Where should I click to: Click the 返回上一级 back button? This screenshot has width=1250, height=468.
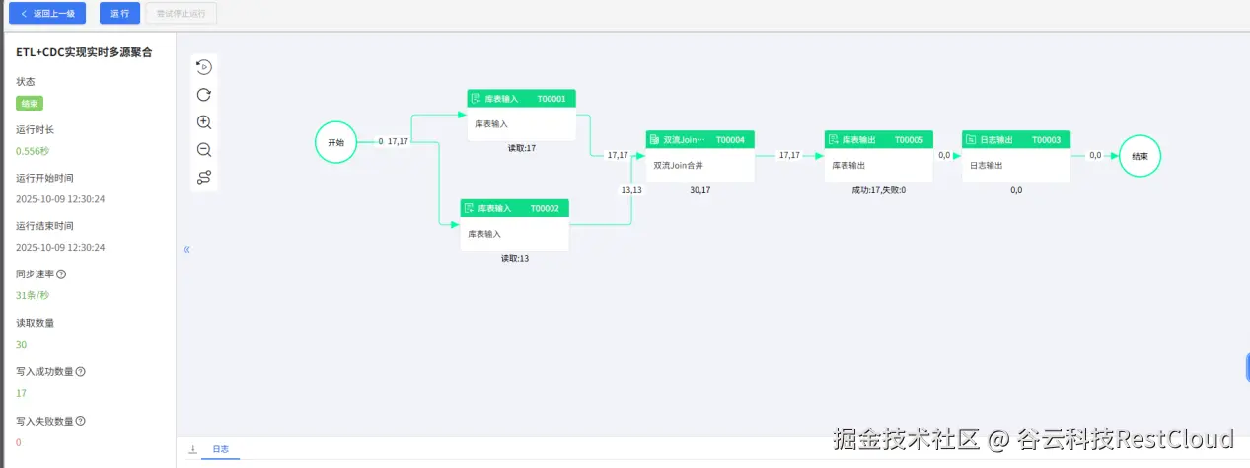(47, 14)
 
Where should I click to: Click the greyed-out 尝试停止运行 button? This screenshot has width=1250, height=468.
(181, 14)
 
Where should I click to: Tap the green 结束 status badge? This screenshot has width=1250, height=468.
(30, 103)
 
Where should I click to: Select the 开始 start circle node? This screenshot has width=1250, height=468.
(335, 142)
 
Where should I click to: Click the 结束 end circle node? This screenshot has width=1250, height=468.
(1140, 156)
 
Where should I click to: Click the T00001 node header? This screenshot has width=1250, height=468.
(521, 99)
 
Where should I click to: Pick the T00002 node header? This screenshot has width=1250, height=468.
(514, 208)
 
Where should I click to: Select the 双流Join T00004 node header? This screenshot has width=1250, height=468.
(699, 140)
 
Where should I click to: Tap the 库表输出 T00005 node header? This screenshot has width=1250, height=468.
(878, 140)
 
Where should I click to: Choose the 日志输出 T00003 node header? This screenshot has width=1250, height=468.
(1016, 140)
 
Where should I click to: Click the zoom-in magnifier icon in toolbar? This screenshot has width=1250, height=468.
(204, 122)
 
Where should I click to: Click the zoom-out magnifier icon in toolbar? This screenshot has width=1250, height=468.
(204, 150)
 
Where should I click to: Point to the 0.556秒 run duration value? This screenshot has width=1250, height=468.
(33, 151)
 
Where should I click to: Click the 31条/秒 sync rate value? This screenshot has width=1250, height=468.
(33, 295)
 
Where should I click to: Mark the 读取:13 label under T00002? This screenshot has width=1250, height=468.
(515, 259)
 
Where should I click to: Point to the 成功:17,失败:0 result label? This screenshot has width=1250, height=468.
(878, 190)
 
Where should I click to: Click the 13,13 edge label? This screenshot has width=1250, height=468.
(631, 189)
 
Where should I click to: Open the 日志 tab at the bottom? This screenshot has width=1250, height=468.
(220, 450)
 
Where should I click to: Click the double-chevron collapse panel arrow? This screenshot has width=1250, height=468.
(186, 250)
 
